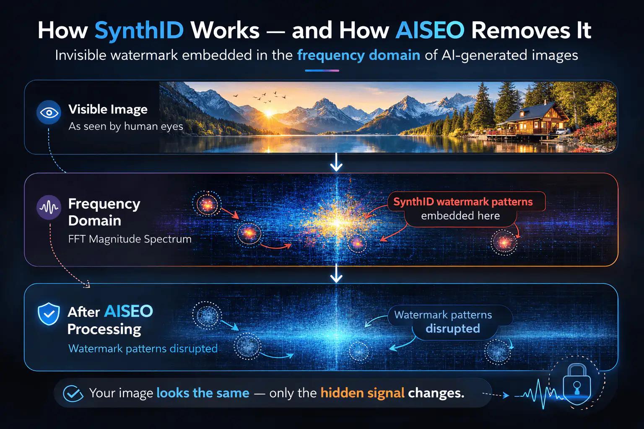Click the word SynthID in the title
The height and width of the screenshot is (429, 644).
(139, 30)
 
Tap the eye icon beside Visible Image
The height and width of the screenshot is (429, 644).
(49, 112)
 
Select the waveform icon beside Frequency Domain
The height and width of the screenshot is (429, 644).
(49, 207)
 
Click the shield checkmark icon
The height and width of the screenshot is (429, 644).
(49, 315)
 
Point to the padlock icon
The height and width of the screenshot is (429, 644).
(577, 384)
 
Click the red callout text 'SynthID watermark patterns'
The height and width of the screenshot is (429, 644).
(463, 202)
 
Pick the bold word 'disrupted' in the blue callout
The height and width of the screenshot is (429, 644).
(452, 328)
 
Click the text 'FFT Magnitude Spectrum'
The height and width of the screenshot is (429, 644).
(130, 239)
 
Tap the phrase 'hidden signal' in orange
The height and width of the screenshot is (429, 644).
(362, 393)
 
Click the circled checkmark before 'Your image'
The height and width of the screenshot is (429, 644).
(72, 393)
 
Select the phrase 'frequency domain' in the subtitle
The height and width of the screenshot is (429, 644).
(358, 55)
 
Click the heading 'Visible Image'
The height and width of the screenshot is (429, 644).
(108, 109)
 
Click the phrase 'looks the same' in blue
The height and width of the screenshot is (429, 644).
(203, 393)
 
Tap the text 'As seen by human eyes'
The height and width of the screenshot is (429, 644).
(126, 126)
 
